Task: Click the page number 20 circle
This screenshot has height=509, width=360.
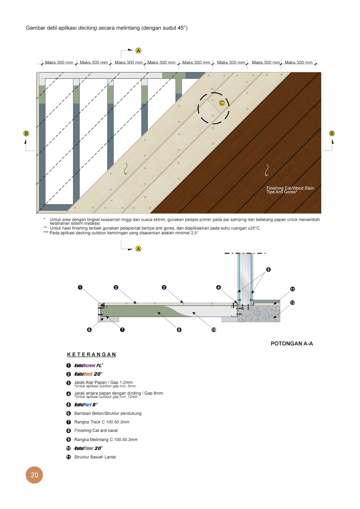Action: coord(34,475)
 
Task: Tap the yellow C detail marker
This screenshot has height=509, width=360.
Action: coord(222,103)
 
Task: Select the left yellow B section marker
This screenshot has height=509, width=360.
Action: coord(26,133)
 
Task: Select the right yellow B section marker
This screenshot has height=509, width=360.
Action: coord(332,133)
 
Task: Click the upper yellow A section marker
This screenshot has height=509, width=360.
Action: coord(138,51)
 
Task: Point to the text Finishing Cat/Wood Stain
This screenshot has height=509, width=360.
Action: coord(290,188)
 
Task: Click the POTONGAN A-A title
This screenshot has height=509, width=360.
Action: coord(292,344)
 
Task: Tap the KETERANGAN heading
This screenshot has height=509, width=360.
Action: coord(92,354)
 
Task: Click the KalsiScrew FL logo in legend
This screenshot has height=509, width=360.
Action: coord(88,366)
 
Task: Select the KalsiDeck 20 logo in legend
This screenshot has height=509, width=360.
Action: coord(88,374)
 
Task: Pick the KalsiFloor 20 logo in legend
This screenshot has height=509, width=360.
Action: coord(88,448)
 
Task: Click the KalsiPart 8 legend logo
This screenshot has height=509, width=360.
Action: coord(86,405)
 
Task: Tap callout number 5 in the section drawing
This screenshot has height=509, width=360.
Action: coord(268,269)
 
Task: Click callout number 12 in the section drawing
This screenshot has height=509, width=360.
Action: coord(293,303)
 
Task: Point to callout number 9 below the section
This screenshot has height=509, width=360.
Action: coord(179,330)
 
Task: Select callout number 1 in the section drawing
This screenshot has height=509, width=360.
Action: coord(80,287)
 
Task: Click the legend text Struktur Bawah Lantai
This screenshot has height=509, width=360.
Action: coord(95,457)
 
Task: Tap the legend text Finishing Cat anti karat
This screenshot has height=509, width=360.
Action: coord(96,430)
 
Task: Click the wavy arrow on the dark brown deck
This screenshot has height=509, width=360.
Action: coord(267,170)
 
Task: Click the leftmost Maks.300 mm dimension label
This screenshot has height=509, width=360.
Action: coord(59,63)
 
